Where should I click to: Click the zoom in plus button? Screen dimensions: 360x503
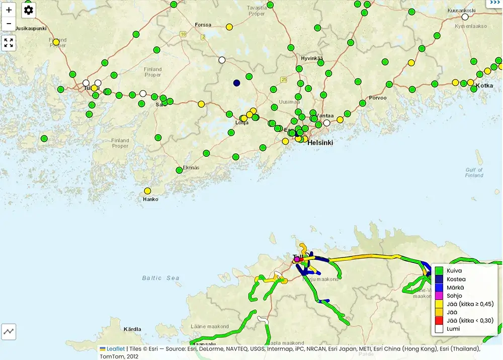pos(9,10)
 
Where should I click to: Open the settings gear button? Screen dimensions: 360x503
pos(29,10)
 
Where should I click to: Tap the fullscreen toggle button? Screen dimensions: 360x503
pos(9,43)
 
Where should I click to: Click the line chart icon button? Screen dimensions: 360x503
pos(9,331)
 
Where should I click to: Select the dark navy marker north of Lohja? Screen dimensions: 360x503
pos(236,83)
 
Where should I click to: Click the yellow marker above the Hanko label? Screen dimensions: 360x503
pos(147,191)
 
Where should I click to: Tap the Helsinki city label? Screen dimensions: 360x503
pos(320,143)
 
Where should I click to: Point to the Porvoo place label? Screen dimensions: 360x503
pos(378,98)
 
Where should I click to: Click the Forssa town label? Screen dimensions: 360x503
pos(203,25)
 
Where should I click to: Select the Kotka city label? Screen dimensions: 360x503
pos(484,85)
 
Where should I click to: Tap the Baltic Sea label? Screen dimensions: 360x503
pos(160,278)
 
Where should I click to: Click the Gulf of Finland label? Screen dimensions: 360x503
pos(474,172)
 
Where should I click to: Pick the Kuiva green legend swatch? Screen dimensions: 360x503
pos(439,271)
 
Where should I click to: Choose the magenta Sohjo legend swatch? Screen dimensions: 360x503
pos(439,296)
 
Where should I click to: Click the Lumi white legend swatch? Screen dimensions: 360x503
pos(439,329)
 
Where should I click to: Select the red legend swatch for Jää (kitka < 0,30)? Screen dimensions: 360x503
pos(439,320)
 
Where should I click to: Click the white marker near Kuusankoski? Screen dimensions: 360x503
pos(465,17)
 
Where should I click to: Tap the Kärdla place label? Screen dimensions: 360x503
pos(132,329)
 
